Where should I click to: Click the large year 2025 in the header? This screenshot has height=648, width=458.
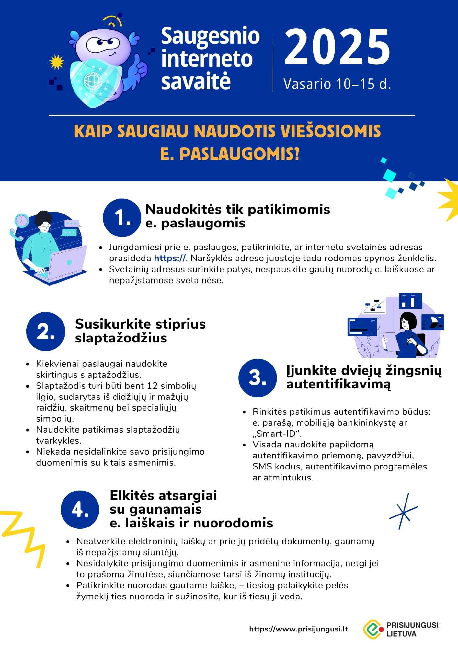337,47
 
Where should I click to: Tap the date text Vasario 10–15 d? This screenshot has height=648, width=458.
337,84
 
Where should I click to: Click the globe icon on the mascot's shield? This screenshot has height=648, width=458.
93,81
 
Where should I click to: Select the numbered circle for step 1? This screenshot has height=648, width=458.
122,217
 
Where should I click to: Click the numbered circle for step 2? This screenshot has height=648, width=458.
46,331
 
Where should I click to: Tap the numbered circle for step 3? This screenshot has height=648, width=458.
258,378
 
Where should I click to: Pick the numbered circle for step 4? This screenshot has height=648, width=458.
80,510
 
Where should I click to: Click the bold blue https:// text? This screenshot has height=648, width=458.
170,258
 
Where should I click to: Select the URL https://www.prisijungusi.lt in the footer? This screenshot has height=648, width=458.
298,629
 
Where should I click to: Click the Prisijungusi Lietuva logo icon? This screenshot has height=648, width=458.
373,629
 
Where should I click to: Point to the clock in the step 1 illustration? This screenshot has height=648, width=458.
22,221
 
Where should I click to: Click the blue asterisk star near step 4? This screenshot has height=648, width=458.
403,512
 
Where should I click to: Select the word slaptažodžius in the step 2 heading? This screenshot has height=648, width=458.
121,338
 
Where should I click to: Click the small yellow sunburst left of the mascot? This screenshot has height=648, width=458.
56,62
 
